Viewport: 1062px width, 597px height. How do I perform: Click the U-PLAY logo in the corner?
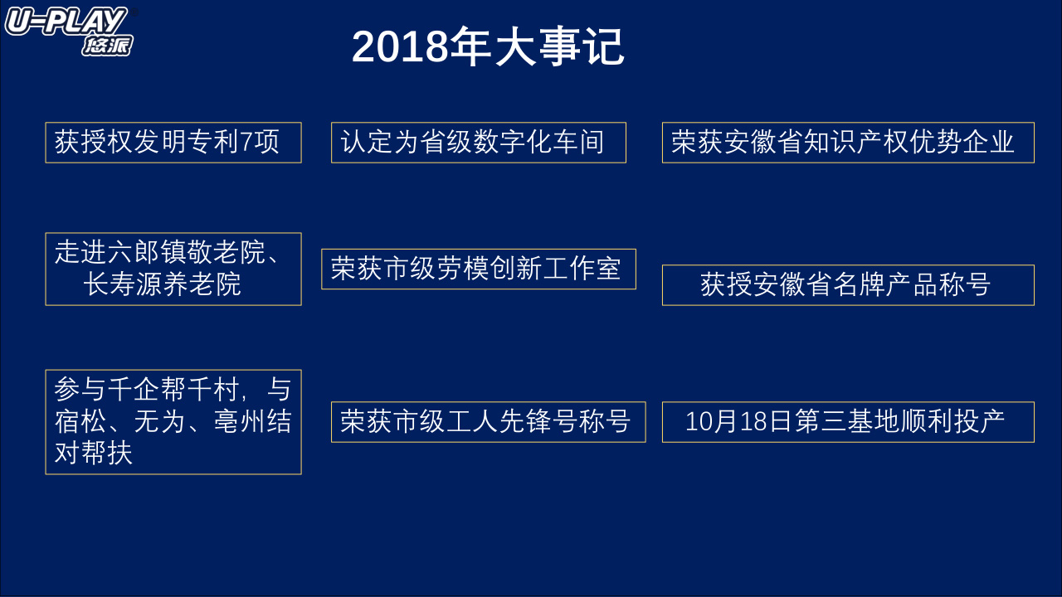click(70, 32)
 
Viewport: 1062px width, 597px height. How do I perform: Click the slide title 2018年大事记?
click(488, 47)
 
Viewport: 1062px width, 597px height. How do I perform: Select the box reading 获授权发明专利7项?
click(173, 143)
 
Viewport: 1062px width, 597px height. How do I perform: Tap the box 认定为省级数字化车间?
click(479, 143)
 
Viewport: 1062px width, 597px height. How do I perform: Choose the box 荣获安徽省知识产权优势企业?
click(848, 143)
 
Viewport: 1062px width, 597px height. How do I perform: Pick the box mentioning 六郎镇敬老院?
click(173, 269)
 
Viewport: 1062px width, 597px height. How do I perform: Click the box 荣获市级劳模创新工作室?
click(479, 269)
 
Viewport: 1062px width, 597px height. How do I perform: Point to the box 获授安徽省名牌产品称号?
click(848, 285)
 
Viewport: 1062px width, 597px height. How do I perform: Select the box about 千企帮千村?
click(173, 422)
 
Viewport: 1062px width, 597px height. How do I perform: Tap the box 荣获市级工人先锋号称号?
click(489, 422)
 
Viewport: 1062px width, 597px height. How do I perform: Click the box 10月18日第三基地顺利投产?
click(848, 422)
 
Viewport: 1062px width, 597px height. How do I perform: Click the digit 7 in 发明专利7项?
click(246, 142)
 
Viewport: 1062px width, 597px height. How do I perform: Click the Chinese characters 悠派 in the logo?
click(107, 46)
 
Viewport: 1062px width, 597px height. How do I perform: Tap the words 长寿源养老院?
click(162, 284)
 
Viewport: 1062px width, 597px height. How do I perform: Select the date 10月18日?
click(738, 421)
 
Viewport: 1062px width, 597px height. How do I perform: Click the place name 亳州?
click(240, 421)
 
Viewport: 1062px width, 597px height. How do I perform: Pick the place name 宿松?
click(80, 421)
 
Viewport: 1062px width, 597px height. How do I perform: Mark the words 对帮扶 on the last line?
click(94, 453)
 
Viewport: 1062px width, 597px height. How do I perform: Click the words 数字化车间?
click(538, 142)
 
